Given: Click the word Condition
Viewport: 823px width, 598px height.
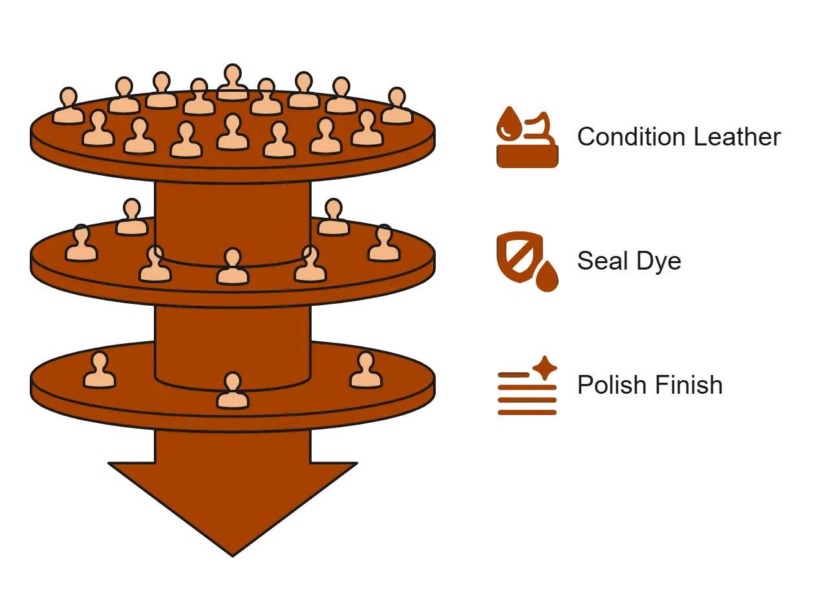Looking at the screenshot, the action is (632, 136).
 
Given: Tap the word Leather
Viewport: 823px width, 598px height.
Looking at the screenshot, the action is (737, 136).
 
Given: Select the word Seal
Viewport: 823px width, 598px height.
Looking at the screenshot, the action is (603, 261).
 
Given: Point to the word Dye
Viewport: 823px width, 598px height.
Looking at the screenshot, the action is (659, 262).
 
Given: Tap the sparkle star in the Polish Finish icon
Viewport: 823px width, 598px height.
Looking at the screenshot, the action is (545, 368).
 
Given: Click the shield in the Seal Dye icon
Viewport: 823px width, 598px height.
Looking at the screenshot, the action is (520, 257).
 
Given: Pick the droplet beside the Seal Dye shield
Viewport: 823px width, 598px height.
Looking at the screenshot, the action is (547, 276).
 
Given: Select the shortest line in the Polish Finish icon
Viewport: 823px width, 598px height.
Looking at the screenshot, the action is (513, 375).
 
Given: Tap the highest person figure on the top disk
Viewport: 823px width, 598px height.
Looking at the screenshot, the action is (233, 82).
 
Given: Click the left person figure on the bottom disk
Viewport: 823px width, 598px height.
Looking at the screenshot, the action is (99, 370).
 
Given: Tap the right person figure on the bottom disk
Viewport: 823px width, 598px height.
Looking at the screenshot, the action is (365, 370).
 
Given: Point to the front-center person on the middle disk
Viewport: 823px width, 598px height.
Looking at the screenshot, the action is (233, 266).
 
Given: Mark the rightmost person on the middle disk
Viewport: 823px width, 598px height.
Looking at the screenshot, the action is (384, 243).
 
